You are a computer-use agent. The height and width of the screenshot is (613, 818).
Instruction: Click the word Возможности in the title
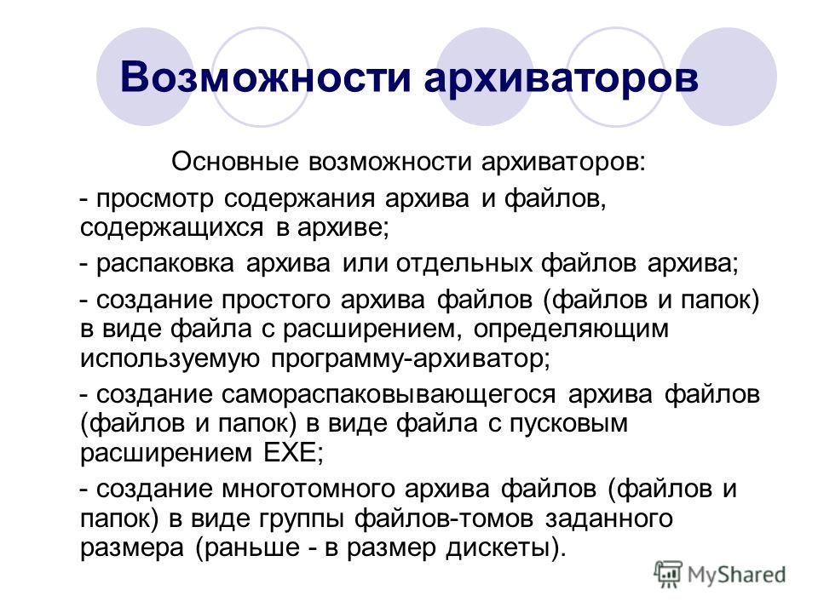(x=266, y=77)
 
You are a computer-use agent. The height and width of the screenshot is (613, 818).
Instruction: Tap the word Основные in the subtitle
(x=235, y=162)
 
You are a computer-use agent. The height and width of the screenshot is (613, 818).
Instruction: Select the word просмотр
(x=155, y=199)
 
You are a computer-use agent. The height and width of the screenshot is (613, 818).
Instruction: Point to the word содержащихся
(x=171, y=229)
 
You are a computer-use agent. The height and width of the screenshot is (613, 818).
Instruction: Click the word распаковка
(x=164, y=264)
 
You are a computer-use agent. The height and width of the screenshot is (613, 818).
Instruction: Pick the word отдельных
(x=464, y=264)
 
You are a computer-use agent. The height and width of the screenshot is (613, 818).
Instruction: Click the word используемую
(x=170, y=359)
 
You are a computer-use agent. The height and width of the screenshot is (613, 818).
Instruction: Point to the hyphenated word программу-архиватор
(x=410, y=359)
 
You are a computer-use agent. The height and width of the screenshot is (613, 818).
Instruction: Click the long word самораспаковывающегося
(x=389, y=394)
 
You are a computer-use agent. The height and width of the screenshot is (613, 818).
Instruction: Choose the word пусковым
(x=568, y=424)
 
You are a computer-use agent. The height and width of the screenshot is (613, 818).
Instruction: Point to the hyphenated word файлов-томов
(x=444, y=518)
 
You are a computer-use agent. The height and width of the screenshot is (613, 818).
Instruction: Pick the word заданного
(x=608, y=519)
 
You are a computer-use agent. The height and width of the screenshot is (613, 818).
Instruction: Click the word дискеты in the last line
(x=498, y=548)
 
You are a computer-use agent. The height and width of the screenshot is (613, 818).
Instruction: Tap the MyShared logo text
(x=736, y=575)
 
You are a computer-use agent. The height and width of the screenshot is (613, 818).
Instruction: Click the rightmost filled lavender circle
(x=729, y=77)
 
